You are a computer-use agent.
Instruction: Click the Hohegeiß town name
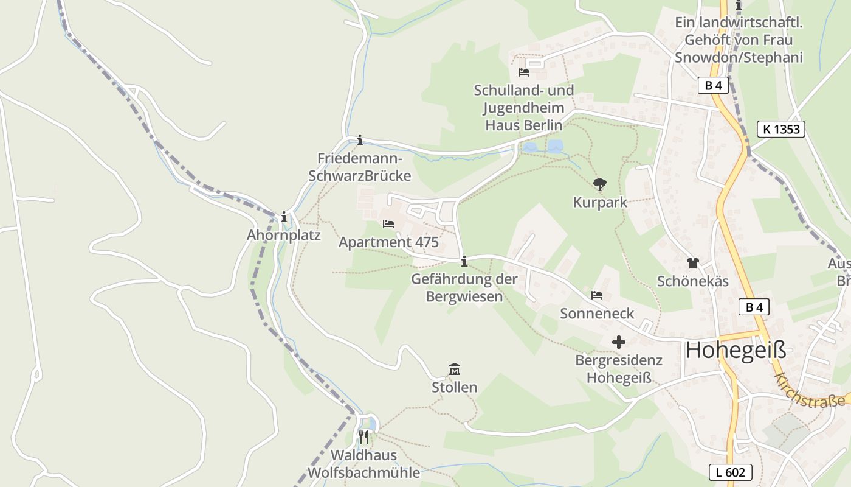click(x=736, y=350)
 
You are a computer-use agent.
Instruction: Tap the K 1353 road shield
click(x=781, y=129)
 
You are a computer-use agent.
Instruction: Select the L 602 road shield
click(x=731, y=472)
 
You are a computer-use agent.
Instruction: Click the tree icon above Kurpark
click(x=600, y=184)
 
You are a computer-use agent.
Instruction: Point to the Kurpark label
click(x=600, y=202)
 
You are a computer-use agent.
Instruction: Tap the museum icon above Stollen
click(x=454, y=370)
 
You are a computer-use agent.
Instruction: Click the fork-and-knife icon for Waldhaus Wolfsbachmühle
click(x=363, y=436)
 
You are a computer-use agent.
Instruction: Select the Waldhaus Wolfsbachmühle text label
click(x=363, y=464)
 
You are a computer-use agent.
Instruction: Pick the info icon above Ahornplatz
click(x=283, y=217)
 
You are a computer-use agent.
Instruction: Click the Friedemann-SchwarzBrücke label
click(x=360, y=167)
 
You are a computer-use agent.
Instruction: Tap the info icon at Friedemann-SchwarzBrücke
click(x=360, y=140)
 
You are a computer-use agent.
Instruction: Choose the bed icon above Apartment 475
click(x=388, y=224)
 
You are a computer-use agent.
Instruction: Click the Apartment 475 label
click(x=388, y=242)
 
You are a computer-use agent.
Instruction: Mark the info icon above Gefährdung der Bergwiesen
click(x=464, y=262)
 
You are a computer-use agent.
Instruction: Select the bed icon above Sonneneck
click(x=597, y=295)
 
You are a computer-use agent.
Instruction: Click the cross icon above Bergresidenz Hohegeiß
click(x=619, y=342)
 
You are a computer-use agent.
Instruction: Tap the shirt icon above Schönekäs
click(x=693, y=263)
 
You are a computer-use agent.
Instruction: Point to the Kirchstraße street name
click(x=810, y=391)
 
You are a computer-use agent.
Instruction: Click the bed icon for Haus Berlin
click(x=524, y=72)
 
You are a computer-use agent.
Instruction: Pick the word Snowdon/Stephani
click(x=739, y=58)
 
